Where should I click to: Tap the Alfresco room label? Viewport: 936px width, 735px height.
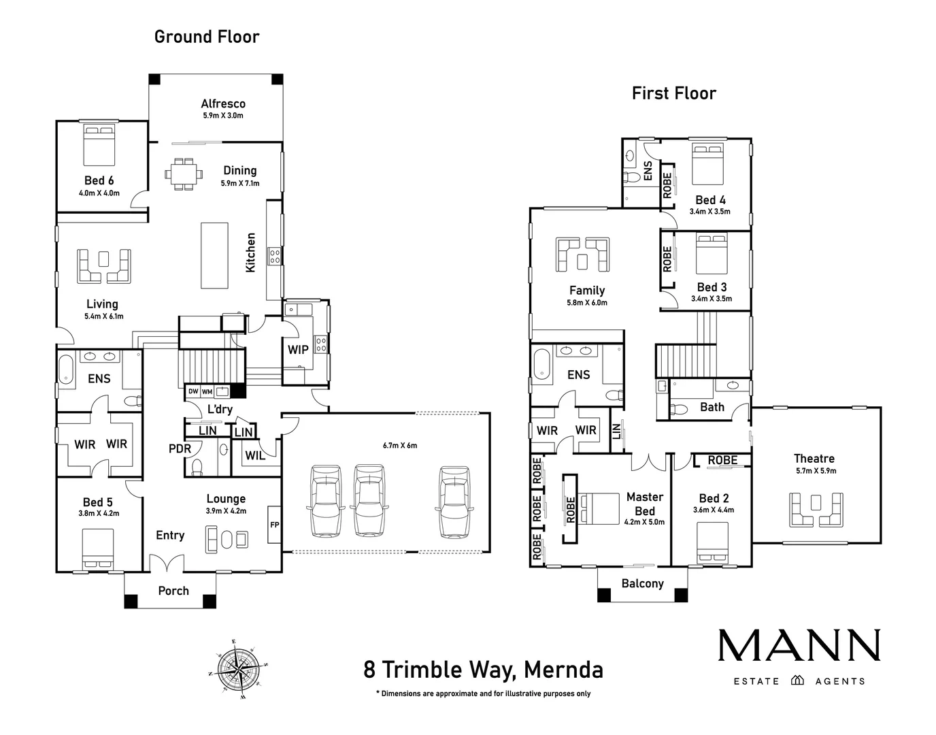pos(223,104)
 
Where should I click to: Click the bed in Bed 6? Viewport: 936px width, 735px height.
pos(99,144)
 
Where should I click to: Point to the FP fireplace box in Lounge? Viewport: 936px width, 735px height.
pos(274,524)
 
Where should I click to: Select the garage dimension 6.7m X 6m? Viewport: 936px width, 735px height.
pos(400,446)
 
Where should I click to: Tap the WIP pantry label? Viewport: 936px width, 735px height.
pos(298,350)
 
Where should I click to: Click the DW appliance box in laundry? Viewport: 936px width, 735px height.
pos(193,392)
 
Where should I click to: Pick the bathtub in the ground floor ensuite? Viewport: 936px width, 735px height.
pos(66,371)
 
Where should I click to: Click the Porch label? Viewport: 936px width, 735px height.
pos(173,591)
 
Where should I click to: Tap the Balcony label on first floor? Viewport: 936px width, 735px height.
pos(642,583)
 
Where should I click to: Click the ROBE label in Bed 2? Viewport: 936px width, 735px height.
pos(722,461)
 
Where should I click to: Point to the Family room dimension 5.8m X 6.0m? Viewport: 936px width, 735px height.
pos(587,303)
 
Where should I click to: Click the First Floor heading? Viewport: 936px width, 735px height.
pos(673,93)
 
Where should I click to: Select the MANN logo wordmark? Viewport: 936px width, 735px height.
pos(799,645)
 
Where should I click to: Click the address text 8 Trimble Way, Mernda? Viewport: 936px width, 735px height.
pos(483,670)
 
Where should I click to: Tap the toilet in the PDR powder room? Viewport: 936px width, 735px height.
pos(197,466)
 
